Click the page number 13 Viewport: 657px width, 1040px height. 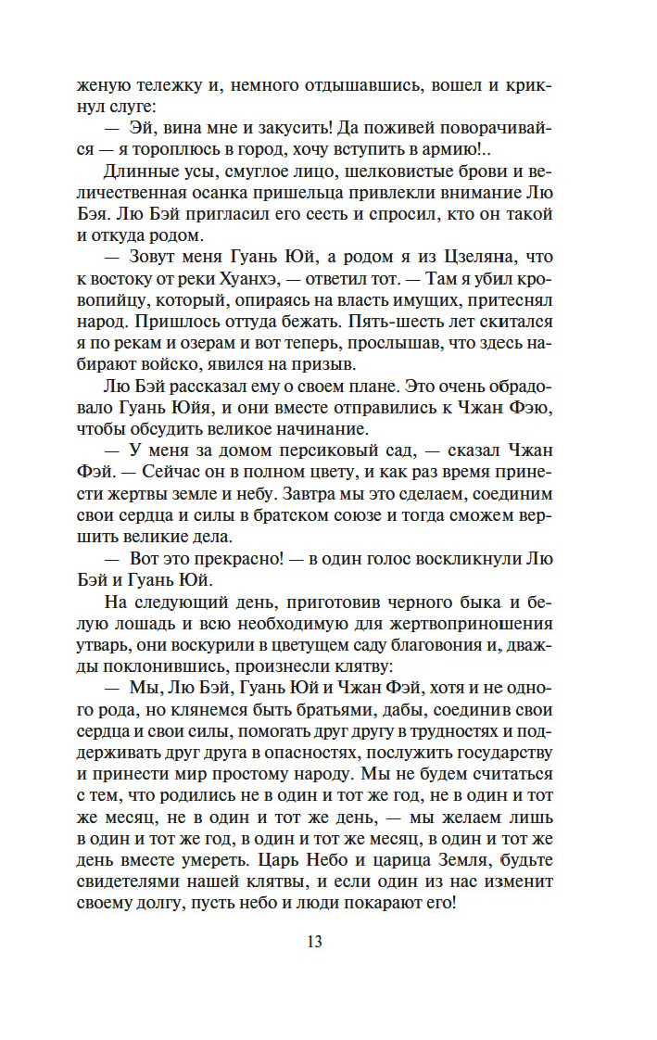(x=314, y=942)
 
